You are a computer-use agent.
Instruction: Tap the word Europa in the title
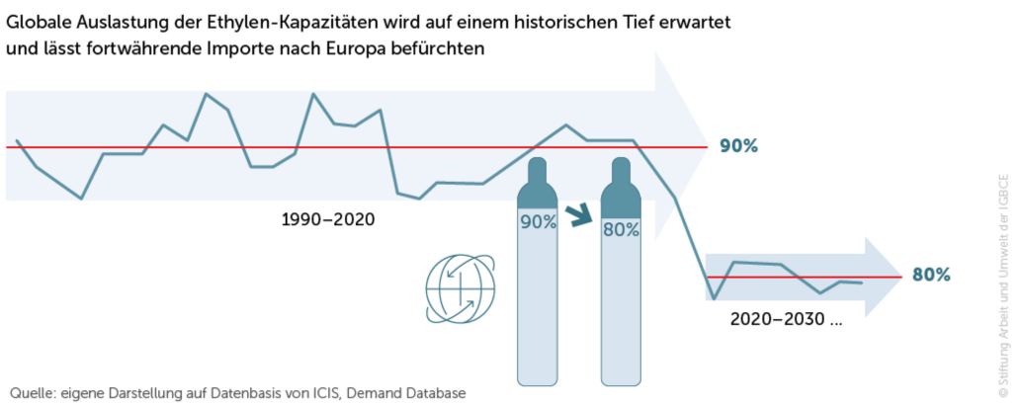[378, 48]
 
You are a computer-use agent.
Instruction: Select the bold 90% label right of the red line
[738, 146]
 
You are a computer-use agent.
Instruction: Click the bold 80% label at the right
[931, 275]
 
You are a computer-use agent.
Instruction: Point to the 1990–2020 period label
[329, 219]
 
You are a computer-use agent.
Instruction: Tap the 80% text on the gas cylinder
[622, 229]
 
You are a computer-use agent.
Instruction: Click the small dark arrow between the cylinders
[580, 212]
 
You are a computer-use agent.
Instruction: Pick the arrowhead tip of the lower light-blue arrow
[899, 278]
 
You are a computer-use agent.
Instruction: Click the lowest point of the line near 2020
[714, 298]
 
